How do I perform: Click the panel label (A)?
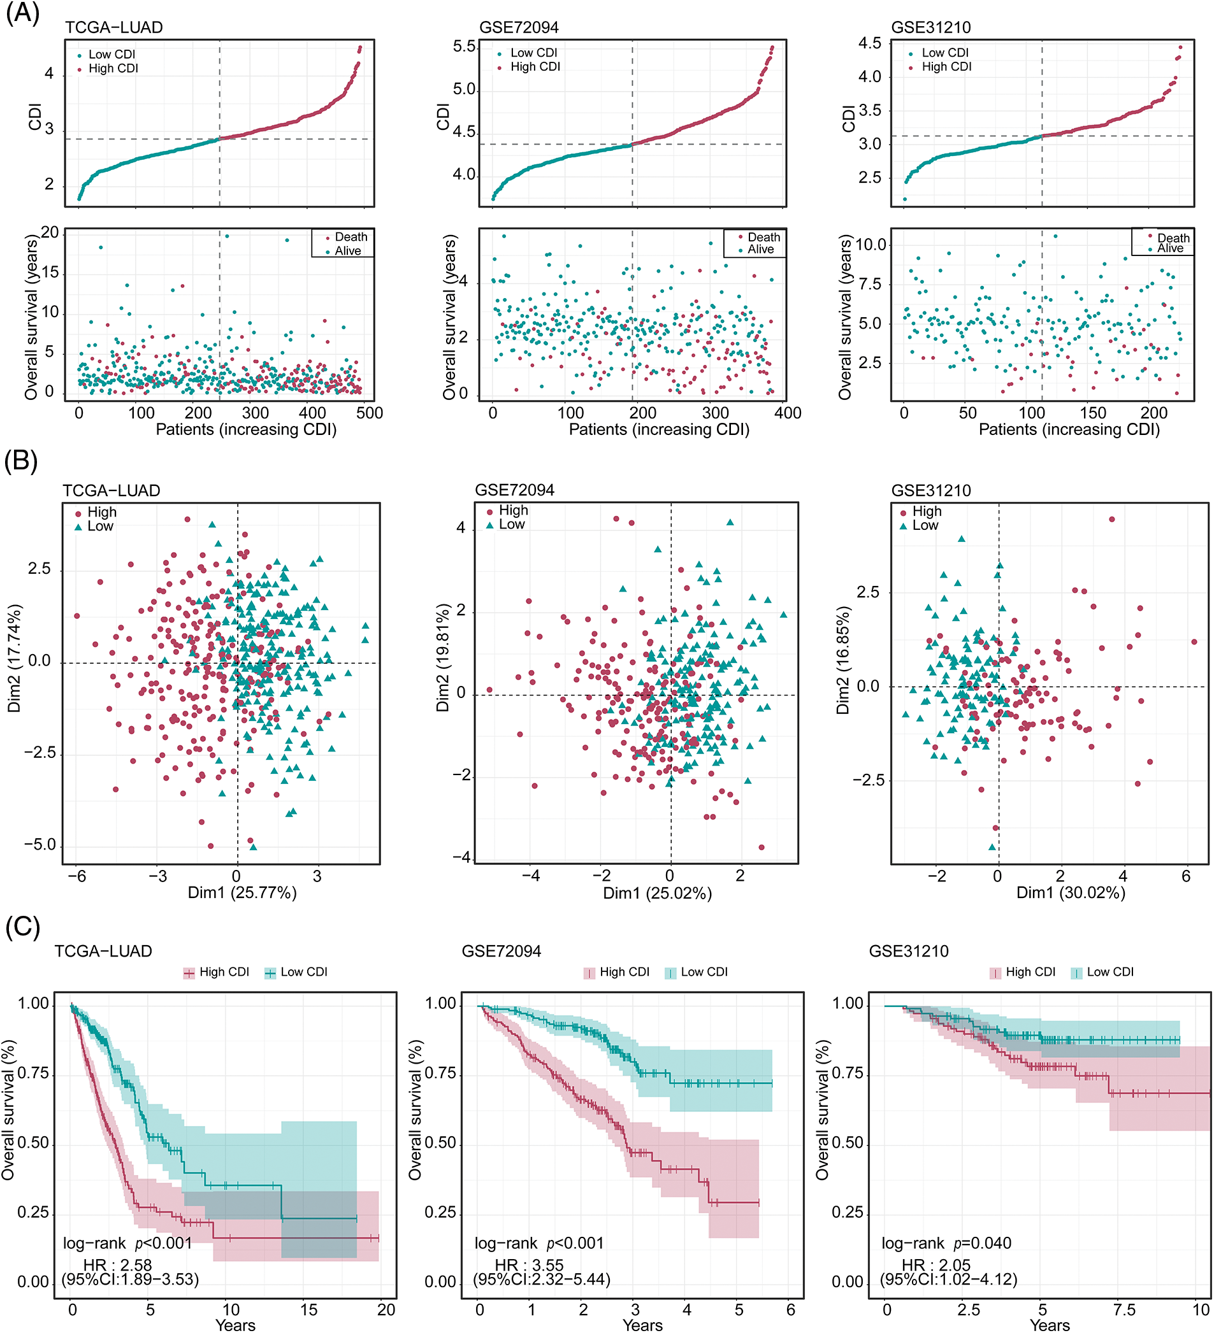click(x=22, y=13)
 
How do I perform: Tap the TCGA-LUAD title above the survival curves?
click(x=103, y=951)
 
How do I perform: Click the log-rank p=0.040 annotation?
click(x=946, y=1243)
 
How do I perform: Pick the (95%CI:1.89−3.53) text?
click(x=131, y=1280)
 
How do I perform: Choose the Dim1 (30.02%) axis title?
click(x=1071, y=894)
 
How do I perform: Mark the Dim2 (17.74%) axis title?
click(x=15, y=658)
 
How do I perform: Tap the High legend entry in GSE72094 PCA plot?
click(x=513, y=510)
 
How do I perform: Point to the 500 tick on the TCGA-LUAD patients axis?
click(x=369, y=413)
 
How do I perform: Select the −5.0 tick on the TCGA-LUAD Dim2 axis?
click(x=40, y=845)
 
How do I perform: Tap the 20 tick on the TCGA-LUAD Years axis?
click(x=386, y=1310)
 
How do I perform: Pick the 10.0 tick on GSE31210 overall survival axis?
click(x=871, y=245)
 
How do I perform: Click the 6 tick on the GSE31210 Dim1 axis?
click(x=1185, y=877)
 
